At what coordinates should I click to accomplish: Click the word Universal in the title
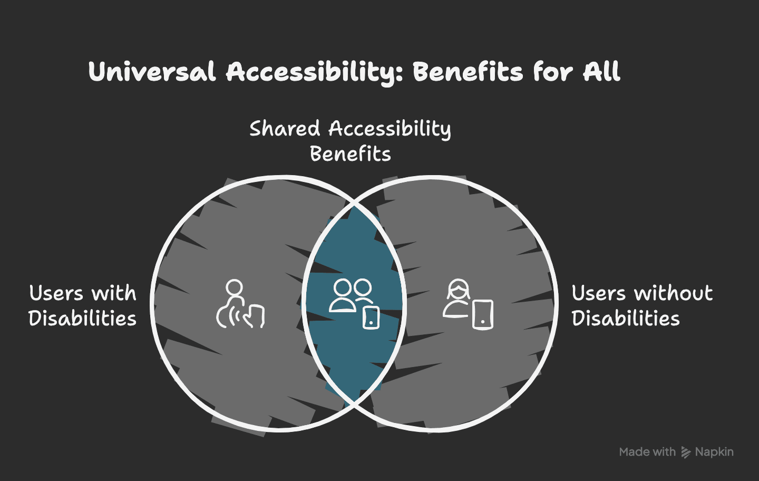(x=152, y=72)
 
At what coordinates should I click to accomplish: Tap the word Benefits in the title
(x=468, y=72)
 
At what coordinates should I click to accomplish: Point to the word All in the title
(x=602, y=72)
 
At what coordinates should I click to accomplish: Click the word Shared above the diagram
(x=285, y=129)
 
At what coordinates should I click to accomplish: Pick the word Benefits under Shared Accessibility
(x=351, y=154)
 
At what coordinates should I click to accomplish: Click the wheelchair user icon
(x=240, y=304)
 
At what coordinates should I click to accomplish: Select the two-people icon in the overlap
(x=354, y=304)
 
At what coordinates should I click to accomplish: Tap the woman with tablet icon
(x=468, y=304)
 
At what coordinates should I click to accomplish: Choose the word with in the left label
(x=114, y=293)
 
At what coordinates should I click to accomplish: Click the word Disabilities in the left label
(x=82, y=319)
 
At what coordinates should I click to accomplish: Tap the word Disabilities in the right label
(x=626, y=319)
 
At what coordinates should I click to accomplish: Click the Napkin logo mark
(x=686, y=452)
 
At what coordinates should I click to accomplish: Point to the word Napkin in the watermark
(x=714, y=452)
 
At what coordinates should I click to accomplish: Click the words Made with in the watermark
(x=647, y=452)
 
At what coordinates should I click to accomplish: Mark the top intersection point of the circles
(x=354, y=205)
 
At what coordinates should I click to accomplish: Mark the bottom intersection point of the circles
(x=354, y=403)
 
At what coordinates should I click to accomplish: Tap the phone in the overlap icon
(x=371, y=318)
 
